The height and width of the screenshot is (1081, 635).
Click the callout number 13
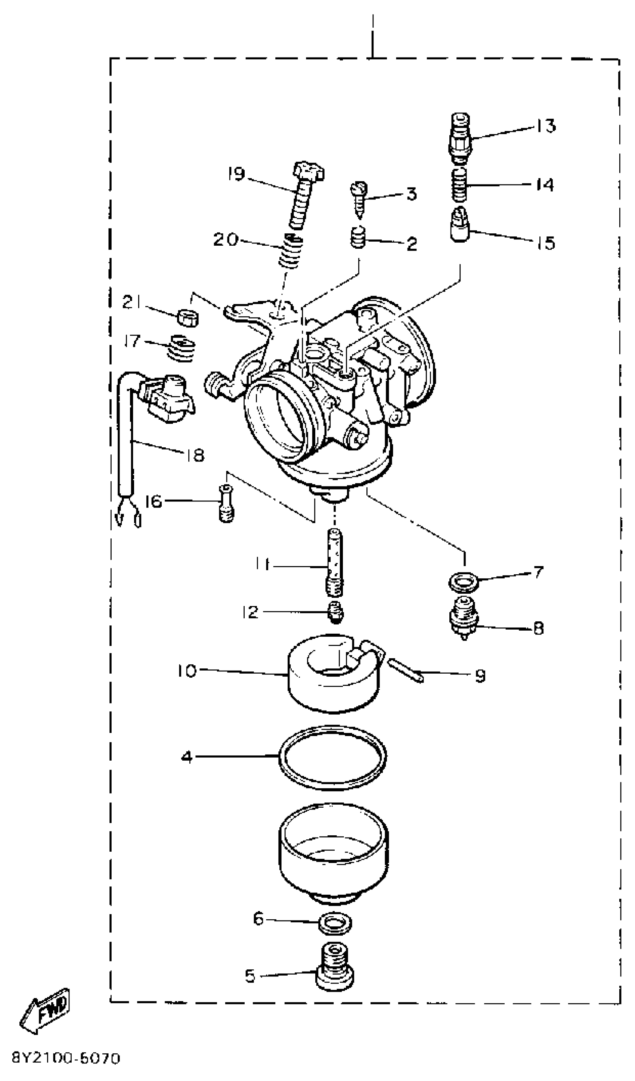(546, 126)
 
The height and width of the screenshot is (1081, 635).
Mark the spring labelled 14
(459, 185)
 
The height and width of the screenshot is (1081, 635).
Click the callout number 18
(196, 455)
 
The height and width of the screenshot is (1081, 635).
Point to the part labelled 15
(460, 225)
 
